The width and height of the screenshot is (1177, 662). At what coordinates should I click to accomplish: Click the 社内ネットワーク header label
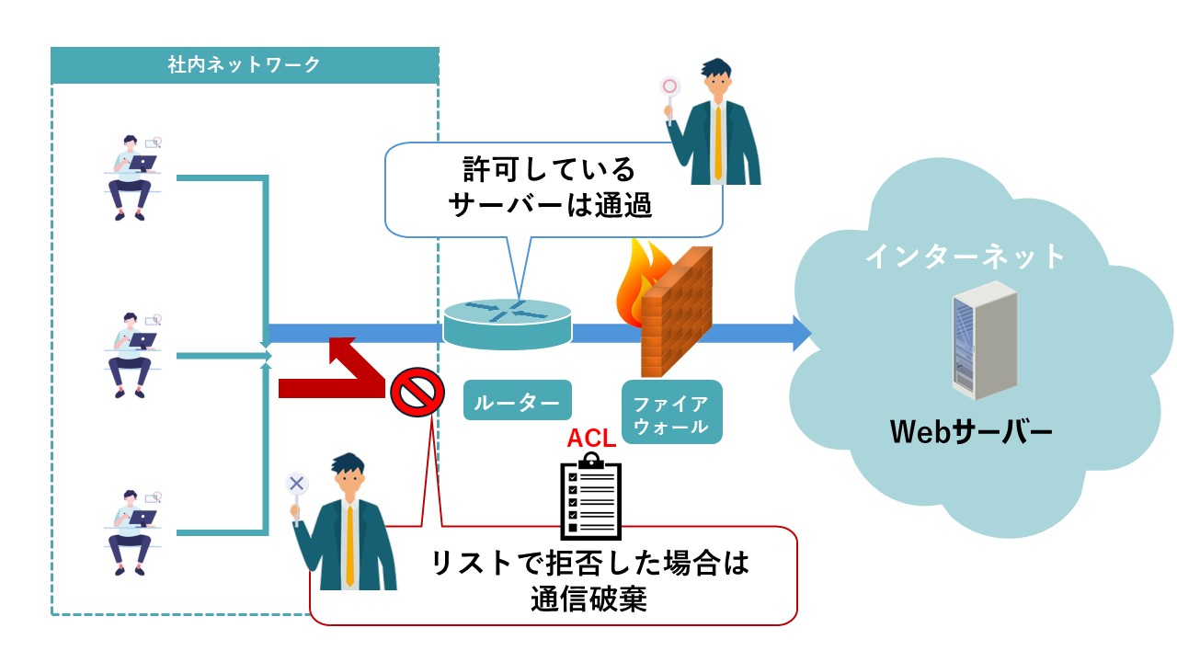pos(245,64)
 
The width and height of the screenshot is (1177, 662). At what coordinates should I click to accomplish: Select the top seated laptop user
pos(131,177)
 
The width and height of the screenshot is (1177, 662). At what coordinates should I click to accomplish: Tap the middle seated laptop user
pos(131,355)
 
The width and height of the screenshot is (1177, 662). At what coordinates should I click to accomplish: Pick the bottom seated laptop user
pos(131,532)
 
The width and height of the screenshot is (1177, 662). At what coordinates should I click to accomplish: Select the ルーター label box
pos(517,401)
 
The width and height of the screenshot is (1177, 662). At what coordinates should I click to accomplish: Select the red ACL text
pos(591,438)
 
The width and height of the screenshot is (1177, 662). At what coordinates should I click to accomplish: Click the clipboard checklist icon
pos(591,496)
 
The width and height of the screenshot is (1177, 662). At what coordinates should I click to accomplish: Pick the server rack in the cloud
pos(983,340)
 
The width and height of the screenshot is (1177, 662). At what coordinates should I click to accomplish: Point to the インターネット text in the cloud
pos(965,255)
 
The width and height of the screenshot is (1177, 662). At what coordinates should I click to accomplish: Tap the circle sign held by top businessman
pos(669,87)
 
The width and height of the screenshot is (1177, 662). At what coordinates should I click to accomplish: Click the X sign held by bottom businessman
pos(296,483)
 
